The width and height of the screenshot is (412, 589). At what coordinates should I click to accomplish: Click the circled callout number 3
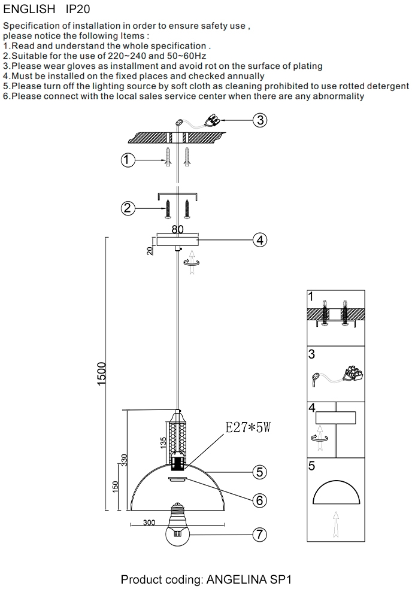pyautogui.click(x=259, y=120)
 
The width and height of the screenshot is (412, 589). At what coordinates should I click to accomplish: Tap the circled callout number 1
pyautogui.click(x=127, y=160)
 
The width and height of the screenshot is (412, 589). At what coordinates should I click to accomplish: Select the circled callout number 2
pyautogui.click(x=127, y=208)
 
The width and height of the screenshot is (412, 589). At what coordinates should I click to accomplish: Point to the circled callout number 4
pyautogui.click(x=259, y=240)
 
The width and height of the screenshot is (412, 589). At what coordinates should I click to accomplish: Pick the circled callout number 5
pyautogui.click(x=259, y=472)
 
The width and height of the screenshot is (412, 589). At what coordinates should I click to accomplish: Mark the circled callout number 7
pyautogui.click(x=259, y=535)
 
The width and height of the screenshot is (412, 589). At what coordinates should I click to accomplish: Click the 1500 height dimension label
pyautogui.click(x=101, y=374)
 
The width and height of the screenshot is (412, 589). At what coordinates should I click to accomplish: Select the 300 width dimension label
pyautogui.click(x=150, y=523)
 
